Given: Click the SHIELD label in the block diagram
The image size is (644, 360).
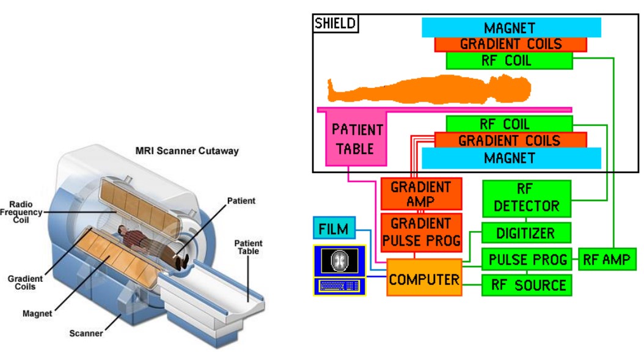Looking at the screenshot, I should point(335,24).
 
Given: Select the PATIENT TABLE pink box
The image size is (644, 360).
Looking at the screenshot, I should point(357,139).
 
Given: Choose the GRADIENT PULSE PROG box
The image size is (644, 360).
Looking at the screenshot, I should point(421,231).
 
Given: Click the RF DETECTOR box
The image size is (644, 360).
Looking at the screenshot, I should point(526,198).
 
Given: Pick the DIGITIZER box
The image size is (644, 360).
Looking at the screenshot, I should point(526,233).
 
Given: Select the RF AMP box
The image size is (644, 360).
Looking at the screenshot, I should point(606,259).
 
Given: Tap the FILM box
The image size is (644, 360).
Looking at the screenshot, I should point(334,229).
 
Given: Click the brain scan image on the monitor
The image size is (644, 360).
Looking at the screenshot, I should point(339,260).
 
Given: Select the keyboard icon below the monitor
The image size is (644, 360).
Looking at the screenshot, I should point(339,286).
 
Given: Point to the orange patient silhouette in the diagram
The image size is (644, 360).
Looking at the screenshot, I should point(428,89).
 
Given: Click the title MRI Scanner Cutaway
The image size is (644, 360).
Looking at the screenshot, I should point(187,150).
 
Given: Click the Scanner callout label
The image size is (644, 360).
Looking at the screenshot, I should point(86,333).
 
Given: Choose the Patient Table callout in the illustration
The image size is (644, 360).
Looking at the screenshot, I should point(248,247).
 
